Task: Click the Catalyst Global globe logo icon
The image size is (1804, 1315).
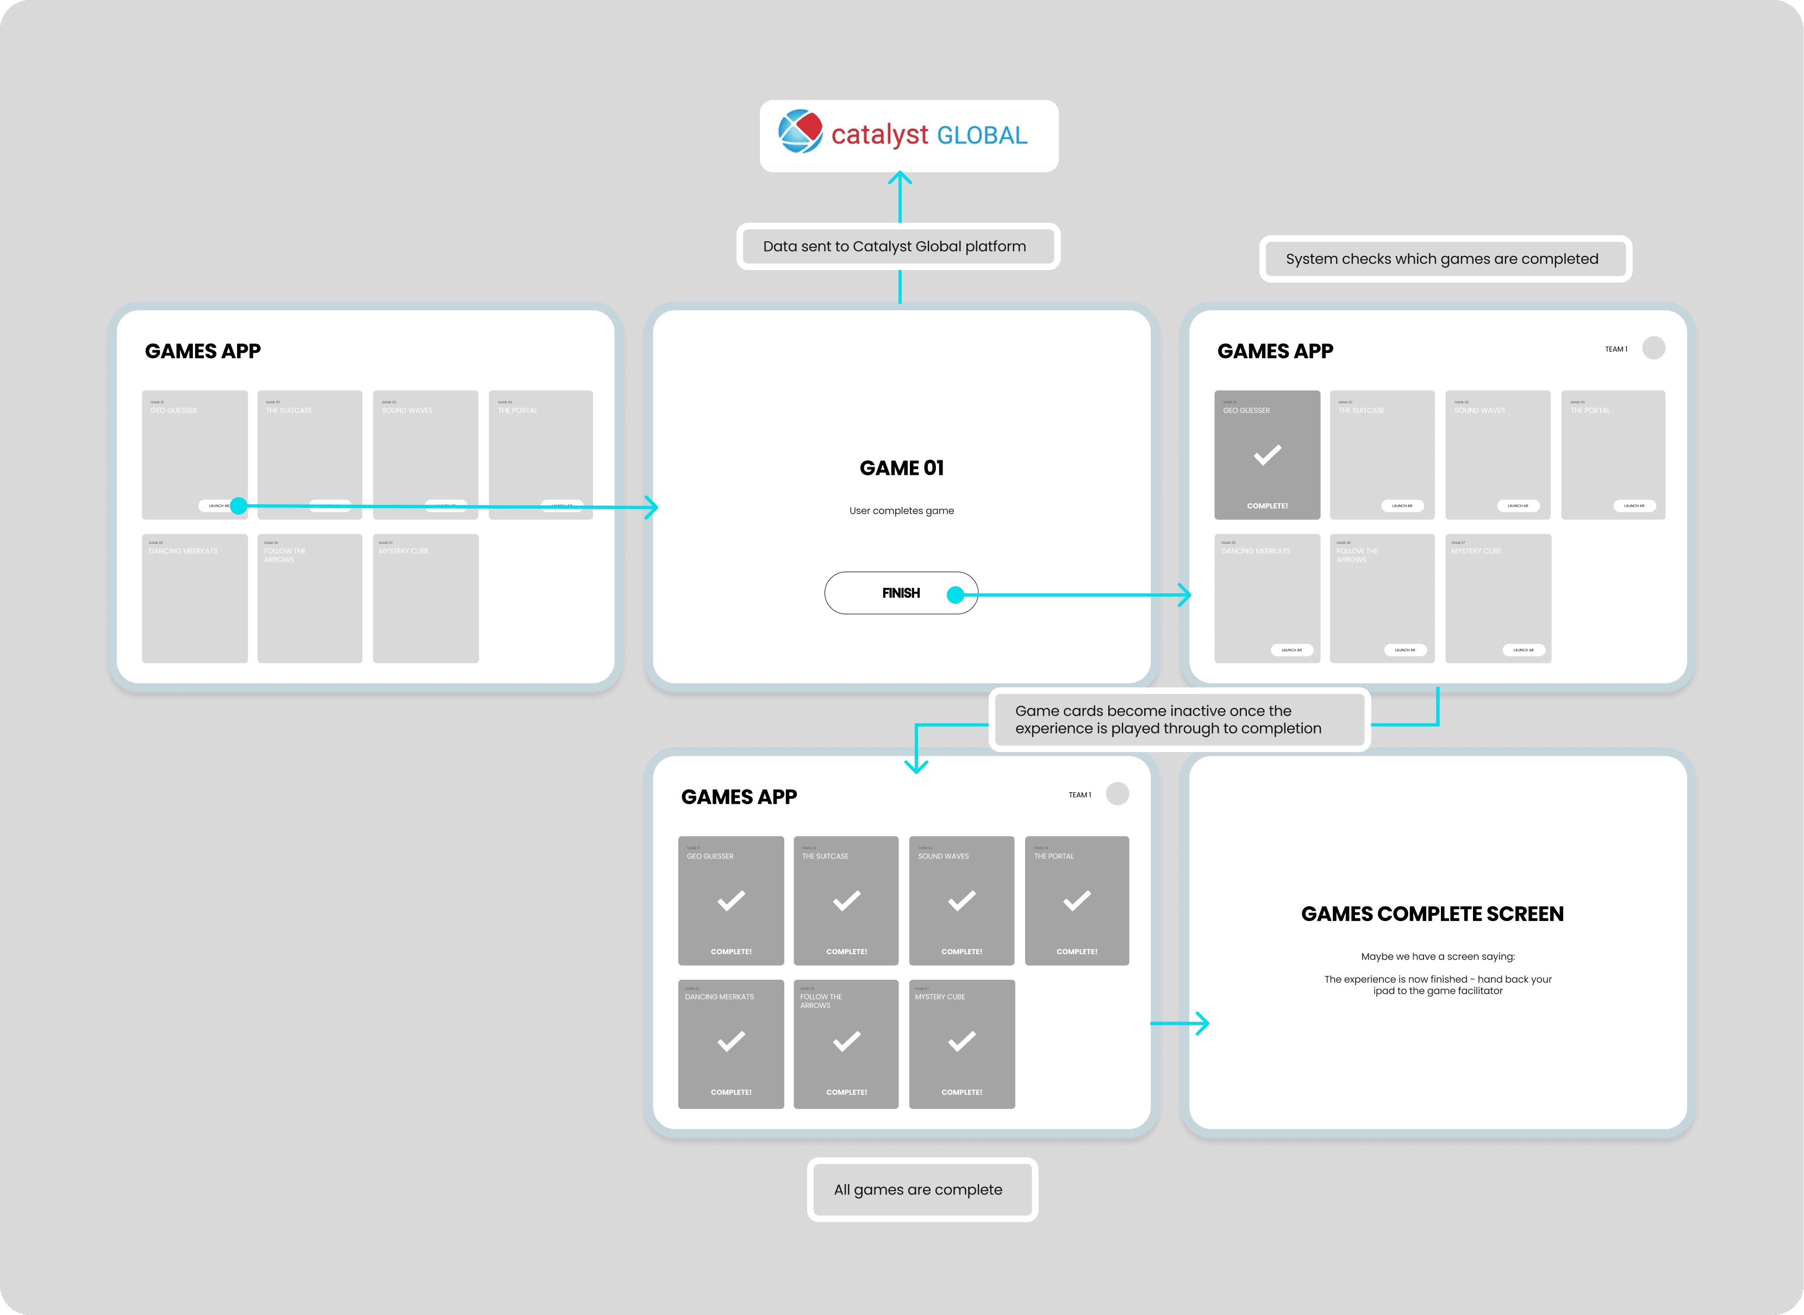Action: pyautogui.click(x=800, y=131)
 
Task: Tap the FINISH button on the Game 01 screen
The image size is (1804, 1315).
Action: pyautogui.click(x=901, y=593)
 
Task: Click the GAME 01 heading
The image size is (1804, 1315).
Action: pyautogui.click(x=901, y=468)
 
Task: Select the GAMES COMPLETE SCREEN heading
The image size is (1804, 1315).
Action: pyautogui.click(x=1432, y=914)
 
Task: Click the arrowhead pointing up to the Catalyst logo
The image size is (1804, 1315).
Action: pyautogui.click(x=900, y=177)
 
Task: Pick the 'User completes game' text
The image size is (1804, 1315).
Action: pyautogui.click(x=901, y=511)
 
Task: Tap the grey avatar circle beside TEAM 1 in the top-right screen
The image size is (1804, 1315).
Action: pyautogui.click(x=1653, y=348)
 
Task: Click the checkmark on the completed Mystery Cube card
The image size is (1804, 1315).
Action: pyautogui.click(x=962, y=1041)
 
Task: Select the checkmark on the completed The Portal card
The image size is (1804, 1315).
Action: pyautogui.click(x=1076, y=901)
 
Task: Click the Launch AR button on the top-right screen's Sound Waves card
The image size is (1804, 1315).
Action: pyautogui.click(x=1518, y=505)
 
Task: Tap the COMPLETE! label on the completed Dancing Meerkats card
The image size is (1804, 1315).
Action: pyautogui.click(x=731, y=1092)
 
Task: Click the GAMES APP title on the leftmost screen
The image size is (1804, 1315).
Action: pyautogui.click(x=202, y=351)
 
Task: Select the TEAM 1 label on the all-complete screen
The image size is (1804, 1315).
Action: pyautogui.click(x=1079, y=794)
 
